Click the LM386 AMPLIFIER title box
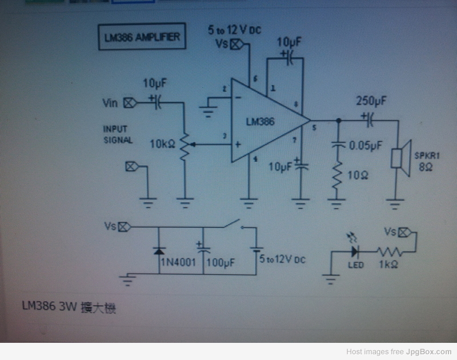tap(140, 38)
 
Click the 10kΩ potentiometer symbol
tap(185, 146)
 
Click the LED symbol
tap(355, 250)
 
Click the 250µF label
tap(371, 101)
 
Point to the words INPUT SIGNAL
tap(118, 134)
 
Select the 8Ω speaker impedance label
tap(425, 167)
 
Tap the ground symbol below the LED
tap(329, 279)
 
